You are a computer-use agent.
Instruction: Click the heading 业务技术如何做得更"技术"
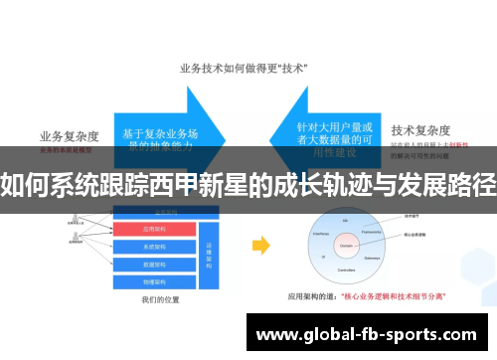[243, 69]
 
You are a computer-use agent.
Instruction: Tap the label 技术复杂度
[420, 130]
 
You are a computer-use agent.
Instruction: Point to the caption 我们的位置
[159, 299]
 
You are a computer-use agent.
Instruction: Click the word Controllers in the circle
[347, 269]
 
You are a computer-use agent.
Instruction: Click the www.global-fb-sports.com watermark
[367, 334]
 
